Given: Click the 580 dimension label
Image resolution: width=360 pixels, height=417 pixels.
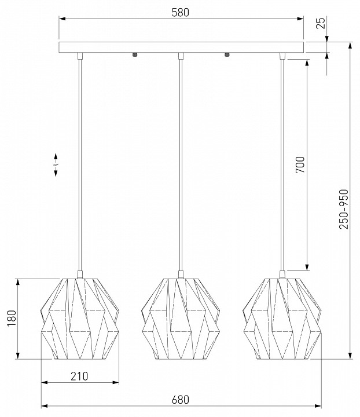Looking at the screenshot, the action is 181,13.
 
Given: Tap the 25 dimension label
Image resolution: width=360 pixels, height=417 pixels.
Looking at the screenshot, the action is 321,23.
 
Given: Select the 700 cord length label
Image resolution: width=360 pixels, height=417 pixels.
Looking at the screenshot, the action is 300,165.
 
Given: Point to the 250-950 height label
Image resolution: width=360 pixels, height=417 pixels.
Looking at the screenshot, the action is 344,209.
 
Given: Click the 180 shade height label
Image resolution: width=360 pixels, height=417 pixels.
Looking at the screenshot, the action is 12,319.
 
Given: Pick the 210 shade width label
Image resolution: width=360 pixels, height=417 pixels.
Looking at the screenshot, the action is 79,376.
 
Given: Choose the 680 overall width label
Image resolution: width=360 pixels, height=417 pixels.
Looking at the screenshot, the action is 181,400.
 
